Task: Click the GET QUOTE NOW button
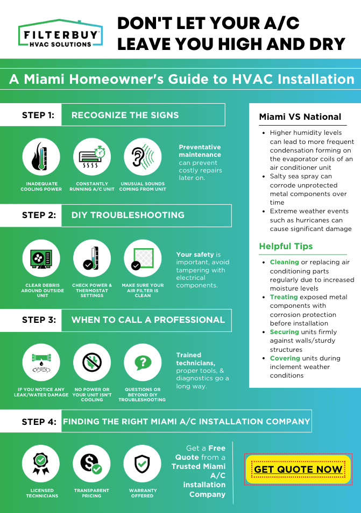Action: pyautogui.click(x=298, y=469)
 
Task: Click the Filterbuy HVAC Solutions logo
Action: pyautogui.click(x=60, y=34)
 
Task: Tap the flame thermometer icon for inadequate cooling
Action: pyautogui.click(x=41, y=157)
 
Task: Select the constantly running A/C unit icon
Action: pyautogui.click(x=91, y=157)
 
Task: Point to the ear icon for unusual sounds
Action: pyautogui.click(x=143, y=157)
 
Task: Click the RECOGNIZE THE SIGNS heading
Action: pyautogui.click(x=125, y=115)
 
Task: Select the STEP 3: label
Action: pyautogui.click(x=39, y=320)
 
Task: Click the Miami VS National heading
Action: pyautogui.click(x=300, y=117)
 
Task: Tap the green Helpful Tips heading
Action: pyautogui.click(x=286, y=246)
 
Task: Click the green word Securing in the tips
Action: pyautogui.click(x=284, y=332)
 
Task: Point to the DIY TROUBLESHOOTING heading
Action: pyautogui.click(x=128, y=215)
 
